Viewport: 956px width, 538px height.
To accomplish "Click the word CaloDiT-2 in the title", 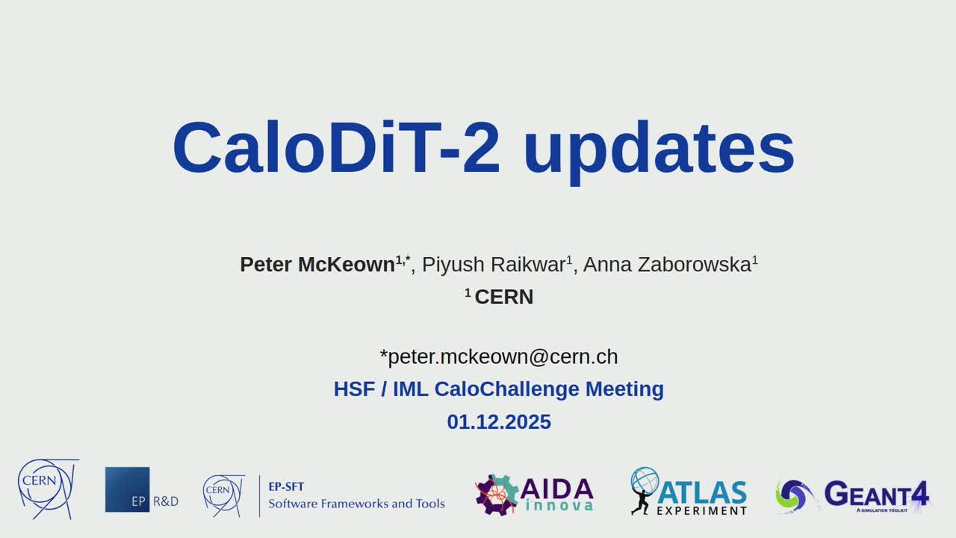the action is point(336,147).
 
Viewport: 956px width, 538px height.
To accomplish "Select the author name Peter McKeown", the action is point(317,265).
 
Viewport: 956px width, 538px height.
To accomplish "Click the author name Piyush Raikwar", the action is point(494,265).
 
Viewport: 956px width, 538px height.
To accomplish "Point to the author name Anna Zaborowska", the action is point(667,265).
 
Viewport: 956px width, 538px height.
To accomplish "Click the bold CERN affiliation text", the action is point(504,297).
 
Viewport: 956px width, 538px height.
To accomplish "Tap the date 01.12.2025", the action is point(499,422).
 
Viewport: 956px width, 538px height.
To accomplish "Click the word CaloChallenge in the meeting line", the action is point(506,389).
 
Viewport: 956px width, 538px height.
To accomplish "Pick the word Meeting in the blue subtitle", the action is point(624,389).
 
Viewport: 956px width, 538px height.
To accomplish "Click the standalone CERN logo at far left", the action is point(49,489).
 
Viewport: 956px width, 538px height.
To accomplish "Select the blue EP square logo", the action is point(127,489).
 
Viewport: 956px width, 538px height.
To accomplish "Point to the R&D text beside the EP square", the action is point(166,501).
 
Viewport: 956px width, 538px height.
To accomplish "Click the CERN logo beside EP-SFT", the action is point(223,495).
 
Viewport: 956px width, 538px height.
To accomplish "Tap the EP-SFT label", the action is point(286,486).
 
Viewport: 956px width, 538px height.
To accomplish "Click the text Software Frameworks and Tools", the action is point(356,504).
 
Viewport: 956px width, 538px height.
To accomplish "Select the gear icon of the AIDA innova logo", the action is point(497,495).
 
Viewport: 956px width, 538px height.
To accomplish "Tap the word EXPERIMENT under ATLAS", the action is point(701,510).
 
